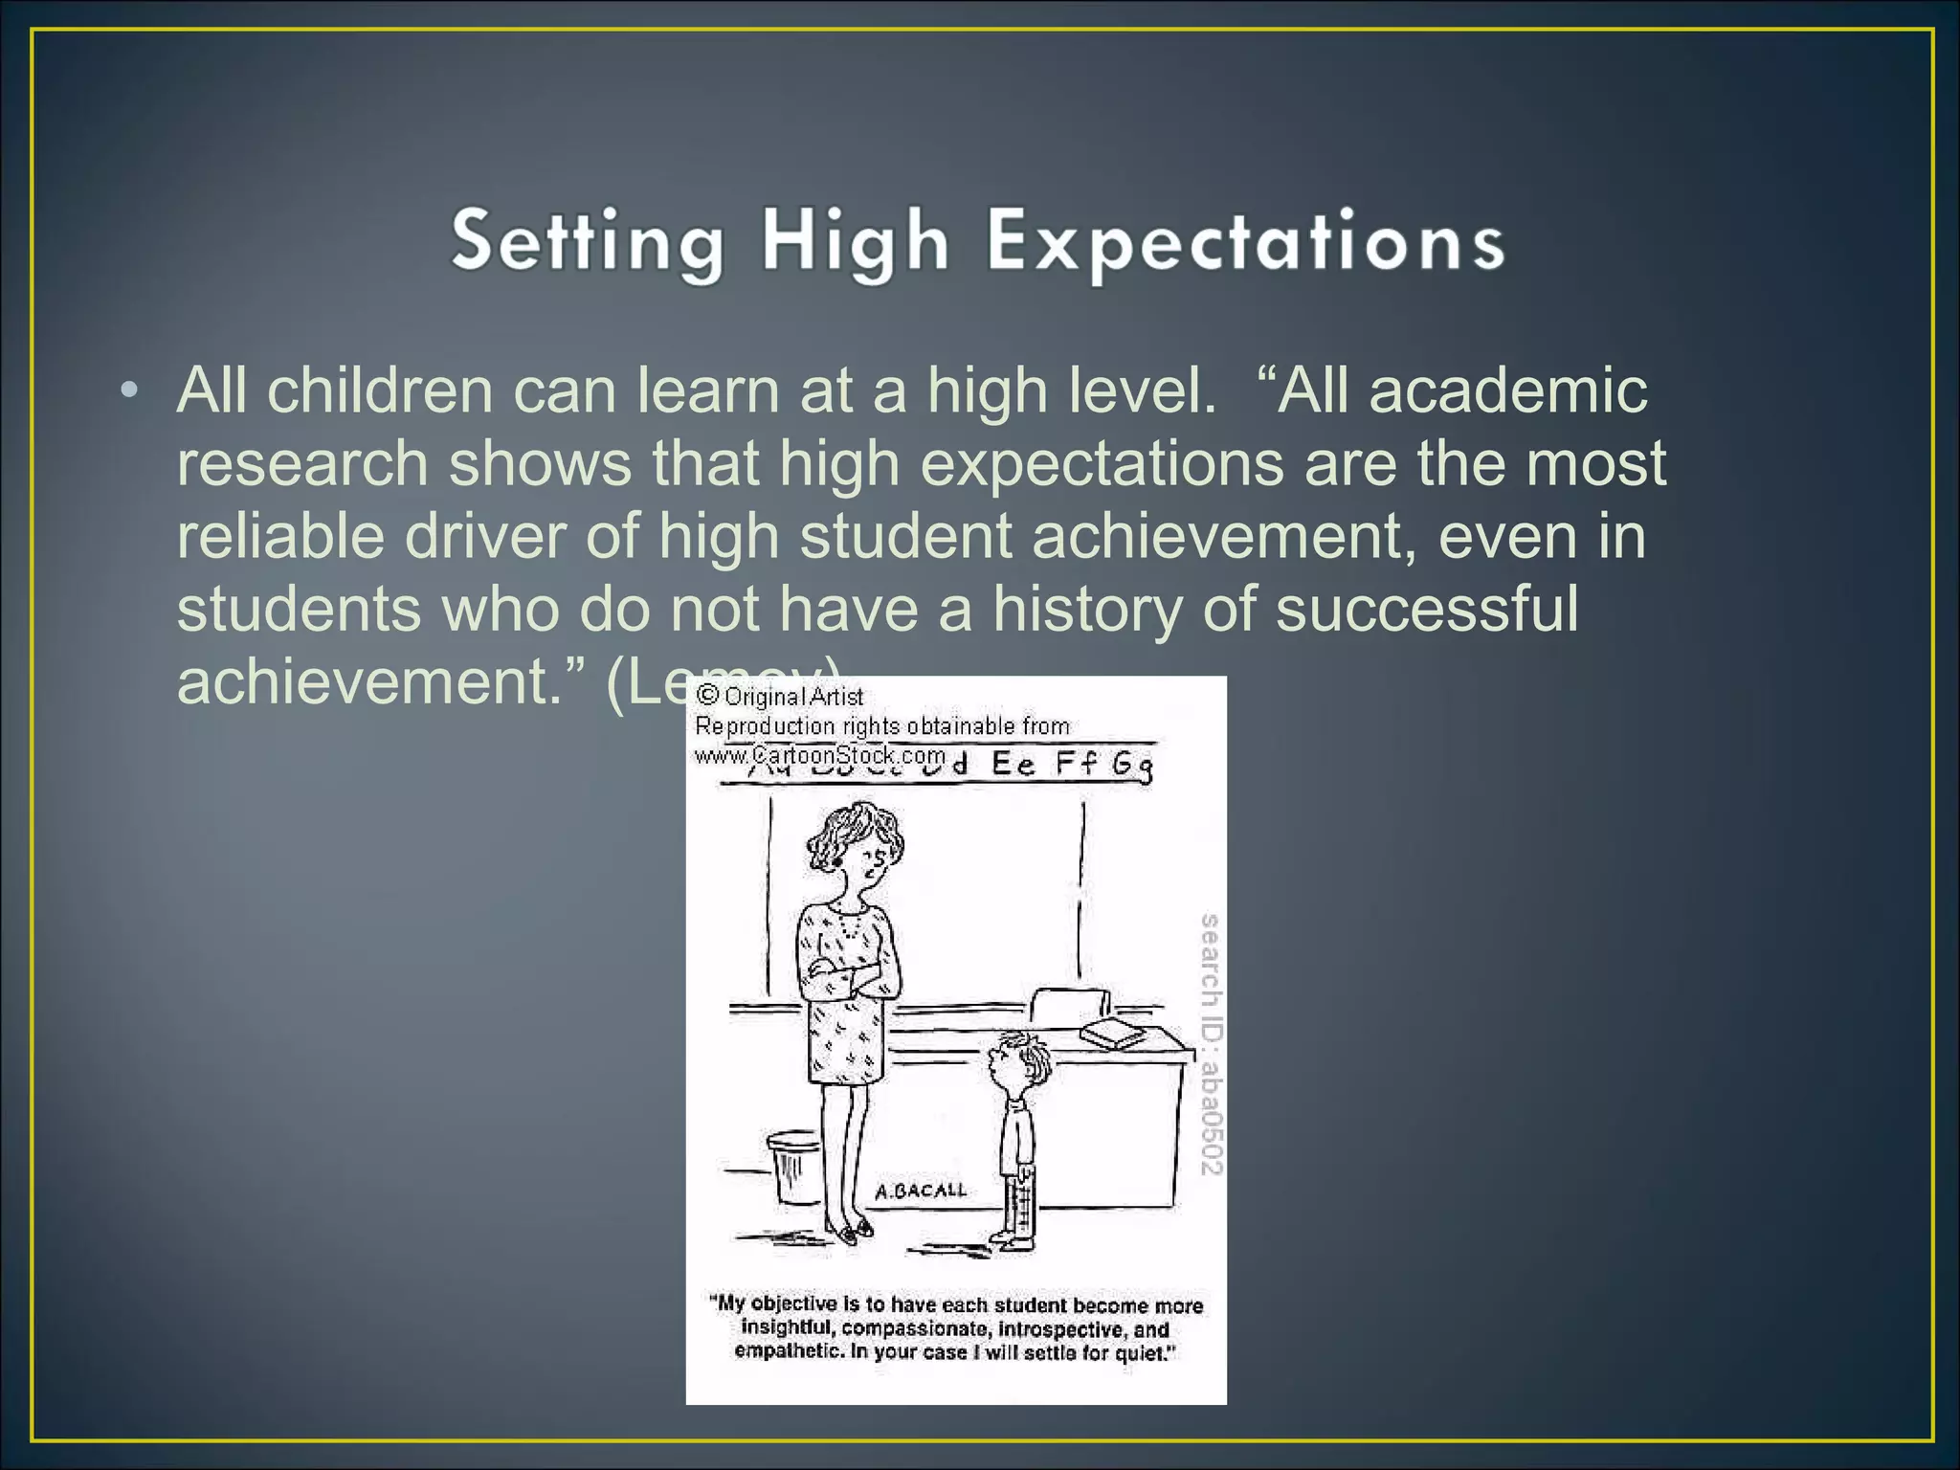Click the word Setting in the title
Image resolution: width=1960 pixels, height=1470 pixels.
tap(587, 242)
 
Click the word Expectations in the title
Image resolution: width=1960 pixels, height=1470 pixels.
tap(1245, 242)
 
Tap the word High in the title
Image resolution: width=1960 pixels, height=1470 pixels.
tap(854, 242)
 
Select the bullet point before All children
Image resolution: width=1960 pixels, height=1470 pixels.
tap(130, 391)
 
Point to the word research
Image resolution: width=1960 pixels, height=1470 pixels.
tap(301, 464)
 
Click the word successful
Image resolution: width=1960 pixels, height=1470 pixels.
tap(1426, 609)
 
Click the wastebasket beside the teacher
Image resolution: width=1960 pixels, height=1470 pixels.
tap(793, 1167)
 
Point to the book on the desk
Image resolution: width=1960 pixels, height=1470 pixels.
tap(1112, 1034)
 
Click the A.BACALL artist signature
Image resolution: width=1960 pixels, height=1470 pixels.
tap(921, 1192)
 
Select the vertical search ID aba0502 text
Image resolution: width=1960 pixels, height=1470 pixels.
tap(1211, 1044)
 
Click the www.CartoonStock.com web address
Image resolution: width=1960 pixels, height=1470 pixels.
tap(820, 755)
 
